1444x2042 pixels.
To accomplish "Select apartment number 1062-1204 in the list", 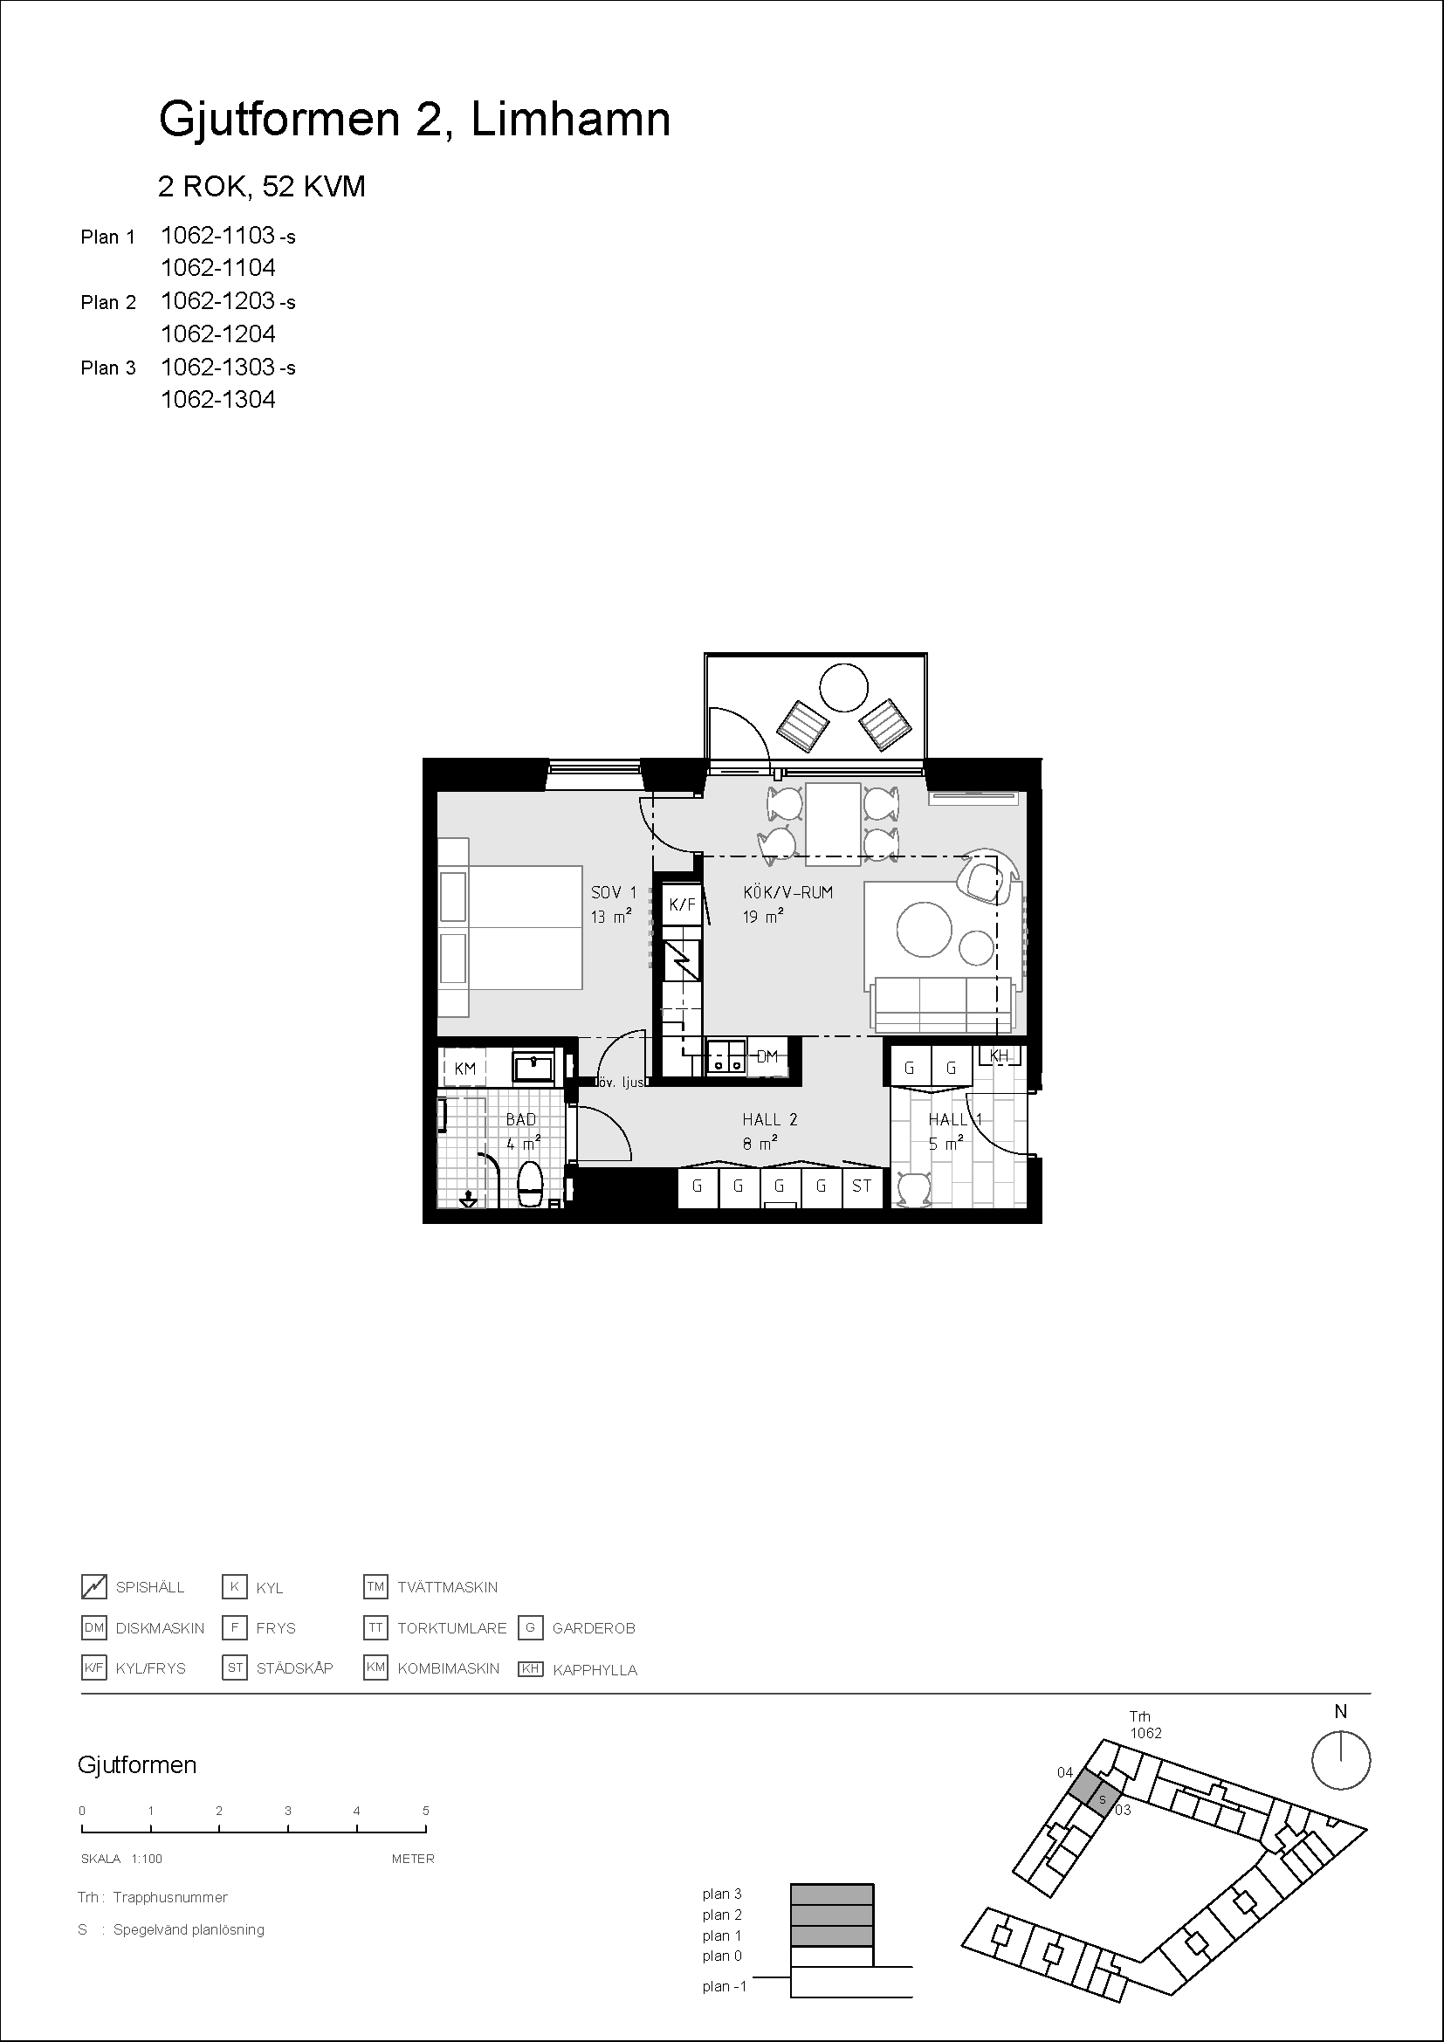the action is click(218, 333).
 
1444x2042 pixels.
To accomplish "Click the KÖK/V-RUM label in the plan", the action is click(787, 892).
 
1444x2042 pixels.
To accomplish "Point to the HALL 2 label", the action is click(770, 1120).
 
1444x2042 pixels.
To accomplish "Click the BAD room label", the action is click(521, 1120).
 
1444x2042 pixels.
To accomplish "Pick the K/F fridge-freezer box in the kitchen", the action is click(682, 904).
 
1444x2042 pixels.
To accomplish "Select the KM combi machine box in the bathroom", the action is click(465, 1068).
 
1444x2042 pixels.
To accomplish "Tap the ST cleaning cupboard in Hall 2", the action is click(862, 1186).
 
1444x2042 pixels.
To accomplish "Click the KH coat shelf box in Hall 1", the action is click(999, 1055).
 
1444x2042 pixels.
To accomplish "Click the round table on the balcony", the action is click(843, 687).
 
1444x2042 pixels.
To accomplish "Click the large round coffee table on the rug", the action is click(925, 929).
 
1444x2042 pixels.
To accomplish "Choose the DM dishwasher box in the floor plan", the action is click(767, 1057).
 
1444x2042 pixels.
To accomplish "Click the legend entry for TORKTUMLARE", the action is click(436, 1628).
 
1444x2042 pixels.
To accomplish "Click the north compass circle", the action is click(1341, 1760).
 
